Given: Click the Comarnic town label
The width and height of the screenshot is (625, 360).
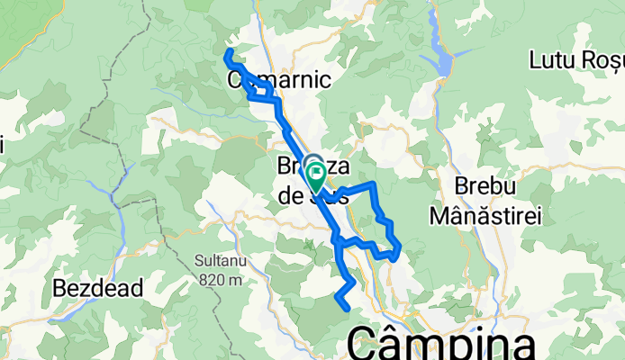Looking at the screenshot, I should click(279, 79).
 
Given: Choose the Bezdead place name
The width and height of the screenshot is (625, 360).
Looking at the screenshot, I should click(99, 289).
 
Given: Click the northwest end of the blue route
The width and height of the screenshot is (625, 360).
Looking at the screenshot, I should click(226, 56).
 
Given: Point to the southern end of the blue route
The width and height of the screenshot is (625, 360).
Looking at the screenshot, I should click(348, 309).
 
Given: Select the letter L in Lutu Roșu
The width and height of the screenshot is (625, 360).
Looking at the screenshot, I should click(536, 61).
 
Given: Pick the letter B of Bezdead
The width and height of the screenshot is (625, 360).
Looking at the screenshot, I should click(60, 289).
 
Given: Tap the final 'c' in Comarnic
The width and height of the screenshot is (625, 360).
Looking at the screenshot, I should click(326, 79).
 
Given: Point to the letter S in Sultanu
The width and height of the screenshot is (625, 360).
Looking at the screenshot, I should click(198, 261).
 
